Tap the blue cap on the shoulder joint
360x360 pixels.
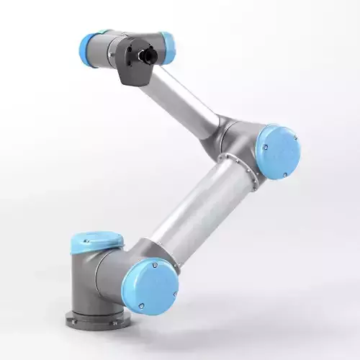[x=150, y=286]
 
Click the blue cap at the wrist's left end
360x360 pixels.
[x=89, y=49]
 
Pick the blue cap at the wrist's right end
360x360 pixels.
[x=167, y=48]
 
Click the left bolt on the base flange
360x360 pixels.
[x=74, y=315]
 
